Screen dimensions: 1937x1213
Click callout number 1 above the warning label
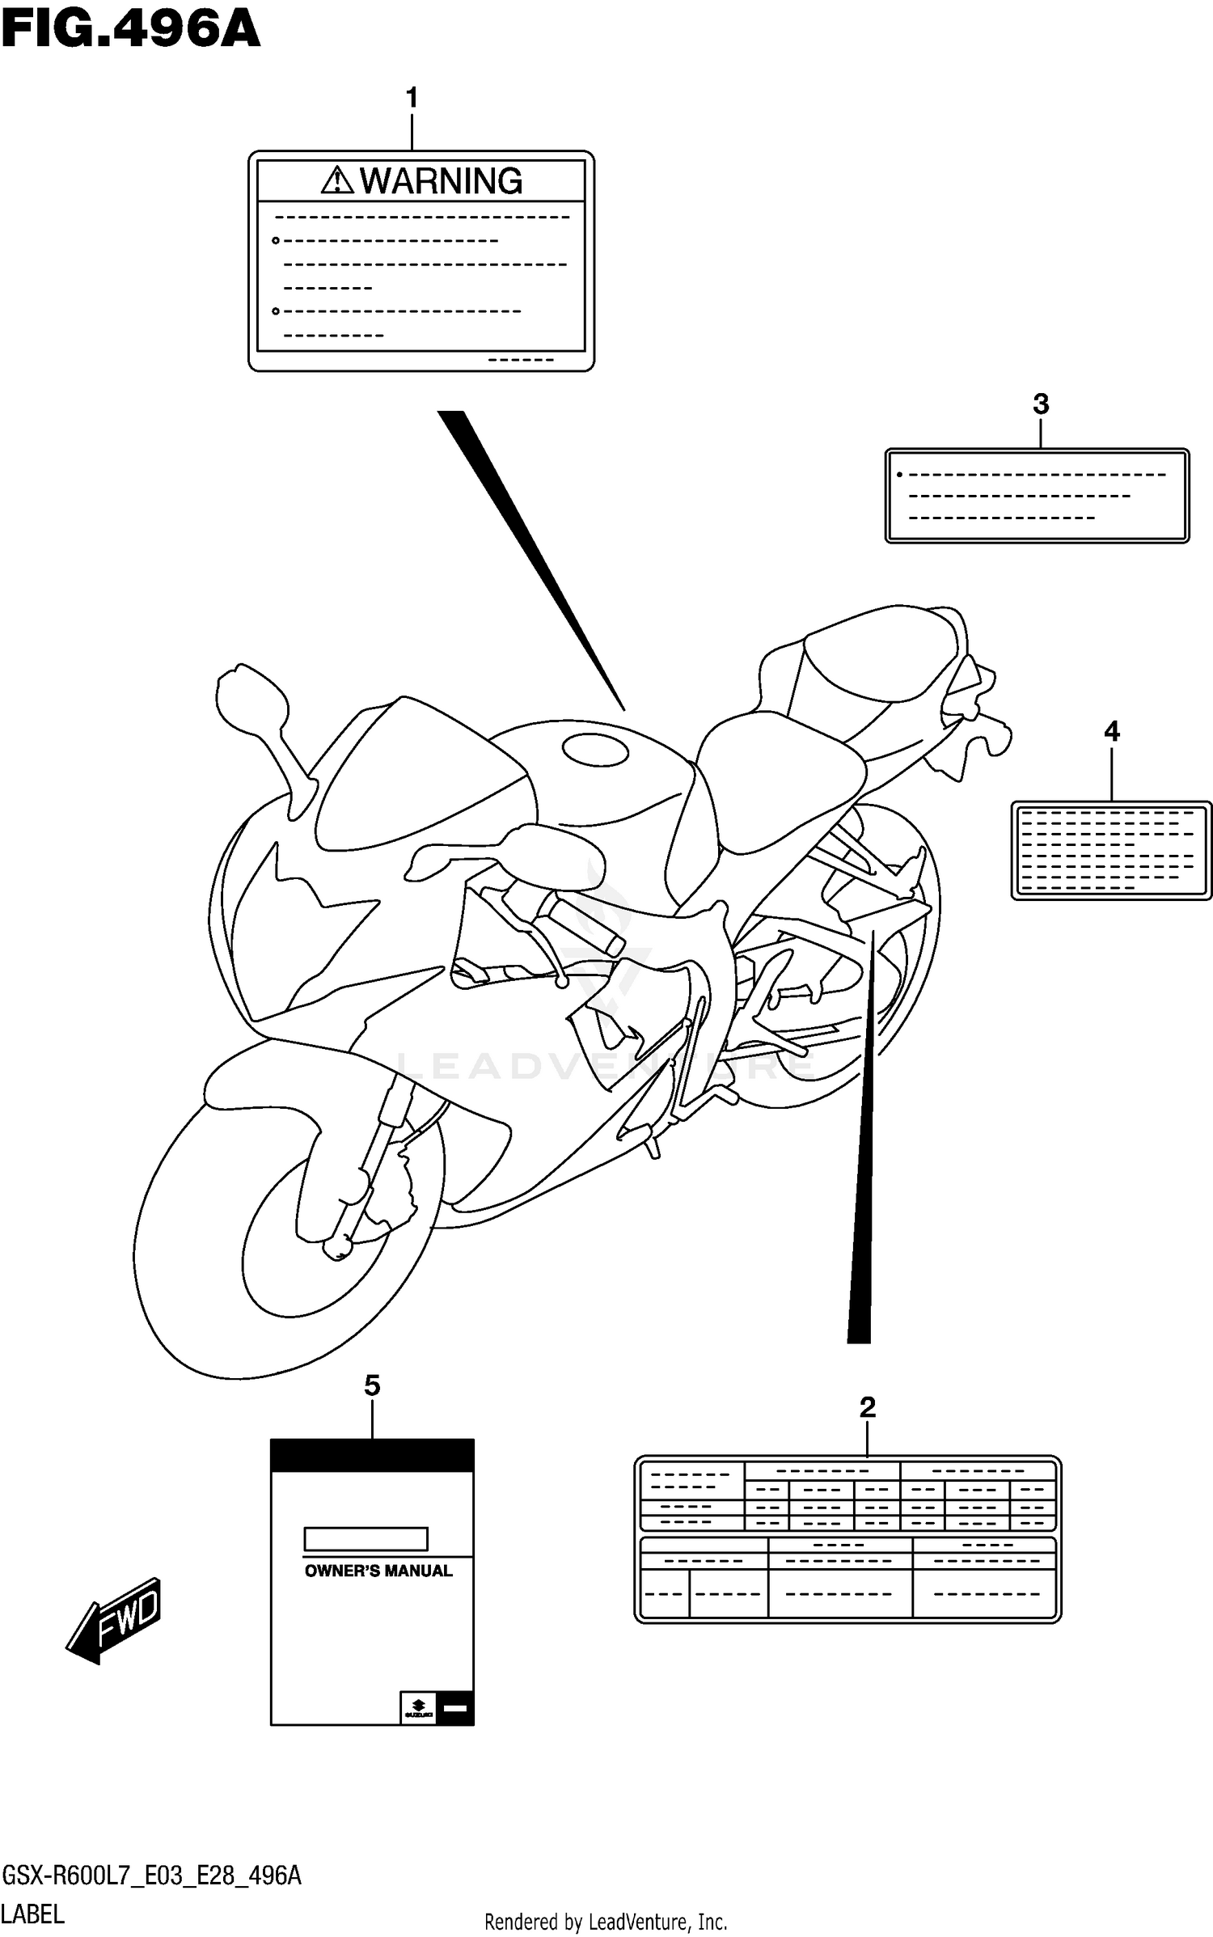pos(412,99)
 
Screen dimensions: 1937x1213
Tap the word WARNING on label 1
pos(441,181)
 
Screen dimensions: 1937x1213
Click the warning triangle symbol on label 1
pos(337,180)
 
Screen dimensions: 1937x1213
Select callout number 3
pos(1041,404)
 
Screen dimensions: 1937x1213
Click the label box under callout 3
pos(1037,496)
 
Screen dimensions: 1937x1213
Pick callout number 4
pos(1112,731)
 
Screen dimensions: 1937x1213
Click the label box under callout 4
pos(1111,850)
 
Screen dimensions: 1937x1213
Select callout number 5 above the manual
pos(372,1385)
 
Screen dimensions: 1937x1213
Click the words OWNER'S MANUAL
pos(378,1571)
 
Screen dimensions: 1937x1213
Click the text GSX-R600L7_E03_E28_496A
pos(151,1876)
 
